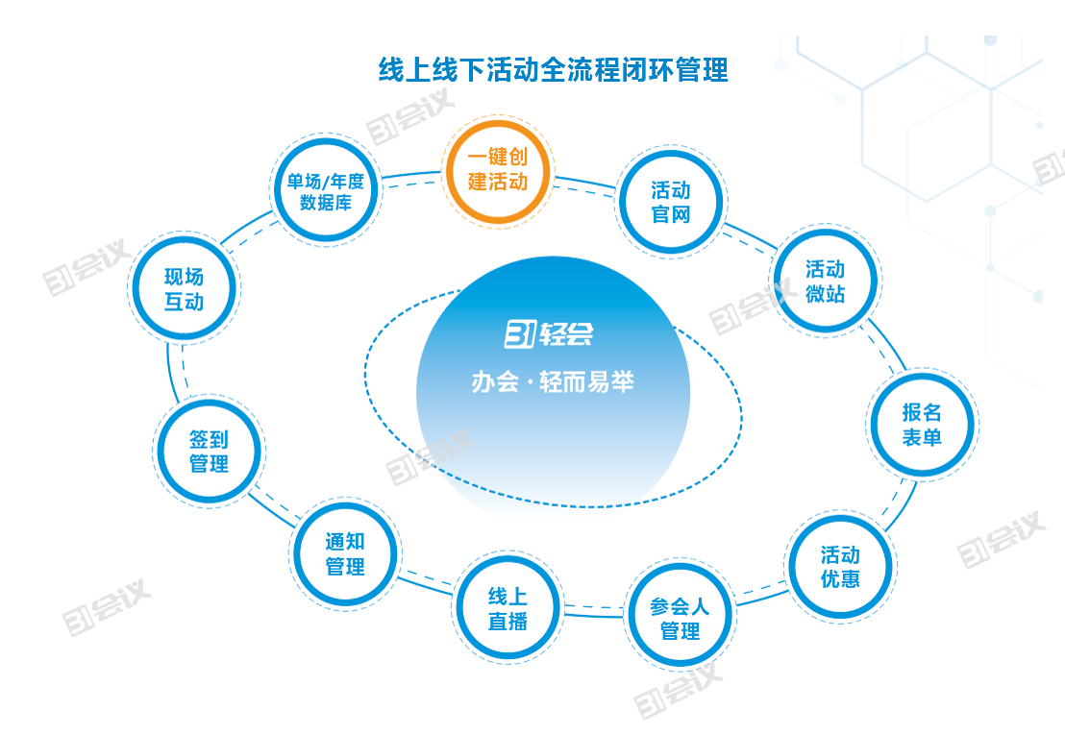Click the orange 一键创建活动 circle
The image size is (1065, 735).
pyautogui.click(x=498, y=170)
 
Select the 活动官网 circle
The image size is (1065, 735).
pyautogui.click(x=671, y=203)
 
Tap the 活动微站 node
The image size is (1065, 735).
pyautogui.click(x=826, y=281)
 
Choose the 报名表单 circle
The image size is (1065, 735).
pyautogui.click(x=921, y=425)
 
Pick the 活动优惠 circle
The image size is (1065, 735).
pyautogui.click(x=840, y=567)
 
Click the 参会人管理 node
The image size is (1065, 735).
pyautogui.click(x=680, y=619)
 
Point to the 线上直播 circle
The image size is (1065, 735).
pyautogui.click(x=508, y=609)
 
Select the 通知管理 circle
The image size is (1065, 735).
pyautogui.click(x=345, y=554)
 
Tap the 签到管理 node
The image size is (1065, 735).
pyautogui.click(x=209, y=452)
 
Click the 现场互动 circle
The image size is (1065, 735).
pyautogui.click(x=184, y=289)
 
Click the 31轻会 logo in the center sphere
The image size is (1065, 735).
pyautogui.click(x=549, y=333)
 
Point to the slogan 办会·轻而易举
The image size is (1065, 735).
pyautogui.click(x=553, y=382)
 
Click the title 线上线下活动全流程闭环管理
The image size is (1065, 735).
pyautogui.click(x=553, y=70)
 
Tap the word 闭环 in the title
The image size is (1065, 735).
pyautogui.click(x=649, y=70)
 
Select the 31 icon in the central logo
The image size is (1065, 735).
pyautogui.click(x=520, y=333)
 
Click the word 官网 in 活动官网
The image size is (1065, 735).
pyautogui.click(x=671, y=214)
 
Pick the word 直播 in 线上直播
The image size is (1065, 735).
pyautogui.click(x=508, y=622)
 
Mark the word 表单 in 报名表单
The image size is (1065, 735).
pyautogui.click(x=921, y=437)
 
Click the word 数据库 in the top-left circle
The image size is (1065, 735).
pyautogui.click(x=326, y=204)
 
